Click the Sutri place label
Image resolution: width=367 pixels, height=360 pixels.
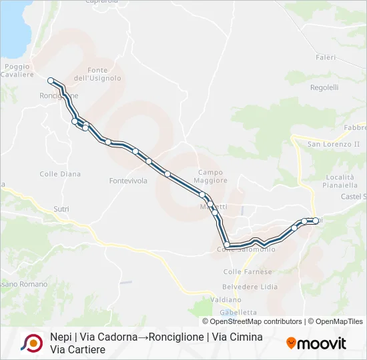(x=61, y=209)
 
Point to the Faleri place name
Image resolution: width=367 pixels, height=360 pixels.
(x=326, y=57)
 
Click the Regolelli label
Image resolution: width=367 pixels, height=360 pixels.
(x=324, y=87)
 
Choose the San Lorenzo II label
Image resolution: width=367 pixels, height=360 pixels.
(x=333, y=144)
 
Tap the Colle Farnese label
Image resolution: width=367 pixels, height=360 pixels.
(x=248, y=271)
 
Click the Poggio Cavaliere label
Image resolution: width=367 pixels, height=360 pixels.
(x=17, y=71)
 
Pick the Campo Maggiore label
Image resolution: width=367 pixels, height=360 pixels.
(x=211, y=176)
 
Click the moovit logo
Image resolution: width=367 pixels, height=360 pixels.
(x=316, y=343)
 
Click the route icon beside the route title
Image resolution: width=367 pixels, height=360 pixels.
(x=31, y=343)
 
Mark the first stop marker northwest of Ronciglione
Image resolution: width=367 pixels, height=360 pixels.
(x=51, y=81)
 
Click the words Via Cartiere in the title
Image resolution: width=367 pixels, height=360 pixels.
(x=77, y=349)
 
